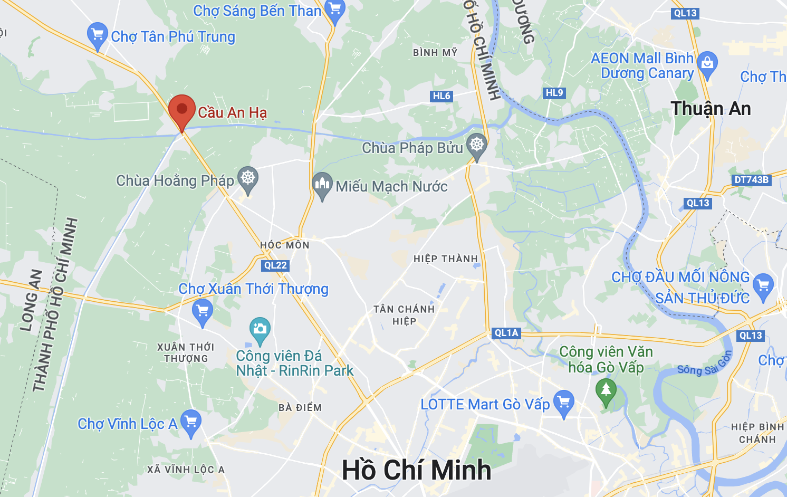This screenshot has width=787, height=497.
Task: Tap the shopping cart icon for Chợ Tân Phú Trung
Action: [x=98, y=34]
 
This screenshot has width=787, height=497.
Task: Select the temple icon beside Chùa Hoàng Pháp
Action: [x=248, y=178]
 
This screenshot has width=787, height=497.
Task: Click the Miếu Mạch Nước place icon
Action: [x=322, y=184]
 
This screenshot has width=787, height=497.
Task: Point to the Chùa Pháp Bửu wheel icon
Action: [x=477, y=145]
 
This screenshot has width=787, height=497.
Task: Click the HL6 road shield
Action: [x=442, y=96]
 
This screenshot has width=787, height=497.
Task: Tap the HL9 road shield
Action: [x=554, y=93]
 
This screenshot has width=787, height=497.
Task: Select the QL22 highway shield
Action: [x=275, y=265]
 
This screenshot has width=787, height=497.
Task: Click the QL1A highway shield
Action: [x=506, y=333]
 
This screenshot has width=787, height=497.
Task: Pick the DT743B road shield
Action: [x=752, y=180]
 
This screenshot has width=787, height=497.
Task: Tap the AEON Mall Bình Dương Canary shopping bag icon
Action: [x=707, y=63]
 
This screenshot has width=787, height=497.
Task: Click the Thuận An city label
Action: [x=711, y=109]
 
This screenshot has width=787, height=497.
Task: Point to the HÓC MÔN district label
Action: [x=285, y=245]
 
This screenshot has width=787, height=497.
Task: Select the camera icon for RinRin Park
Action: [x=260, y=329]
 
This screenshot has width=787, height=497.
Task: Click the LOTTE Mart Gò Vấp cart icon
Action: [x=564, y=402]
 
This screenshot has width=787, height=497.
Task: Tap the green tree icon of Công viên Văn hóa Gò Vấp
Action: [x=606, y=390]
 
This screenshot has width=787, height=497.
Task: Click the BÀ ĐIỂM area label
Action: [x=300, y=408]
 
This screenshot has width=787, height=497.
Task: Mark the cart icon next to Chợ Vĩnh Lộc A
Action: [x=190, y=422]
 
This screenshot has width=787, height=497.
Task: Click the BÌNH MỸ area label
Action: [x=435, y=53]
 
